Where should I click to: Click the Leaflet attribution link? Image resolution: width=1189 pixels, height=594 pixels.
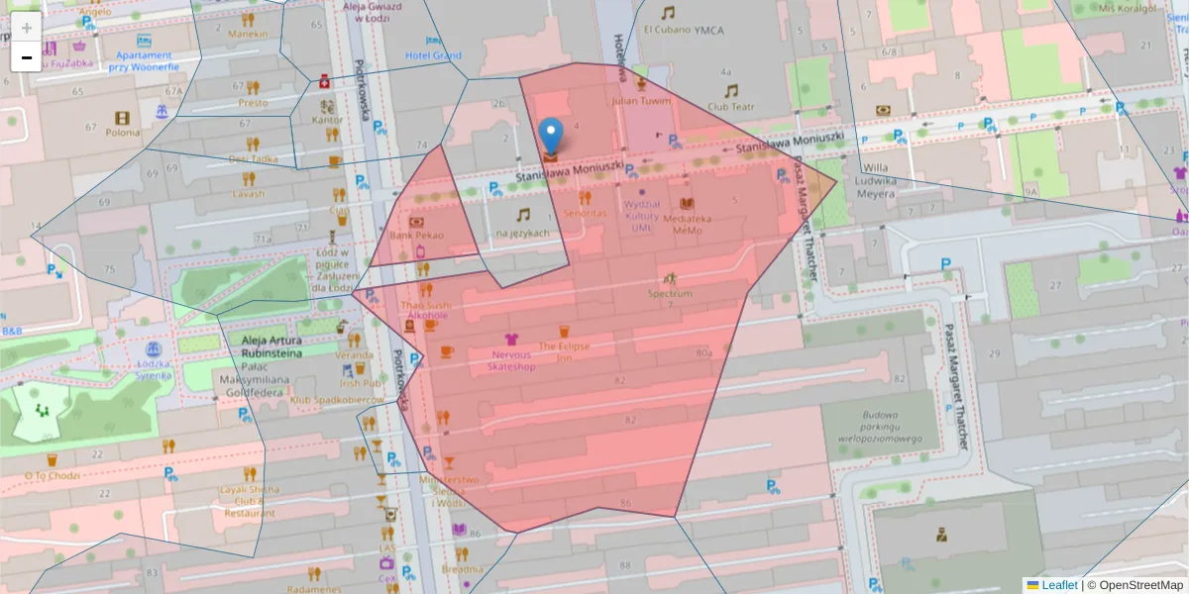click(x=1058, y=585)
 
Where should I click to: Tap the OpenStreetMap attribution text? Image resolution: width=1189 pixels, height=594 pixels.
click(x=1139, y=585)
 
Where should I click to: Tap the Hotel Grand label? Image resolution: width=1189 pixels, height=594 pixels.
click(x=433, y=55)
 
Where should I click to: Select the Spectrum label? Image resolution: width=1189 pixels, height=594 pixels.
click(x=670, y=293)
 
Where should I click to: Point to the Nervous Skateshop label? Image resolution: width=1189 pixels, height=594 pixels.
click(x=511, y=360)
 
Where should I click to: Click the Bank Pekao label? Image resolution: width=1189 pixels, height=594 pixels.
click(x=416, y=236)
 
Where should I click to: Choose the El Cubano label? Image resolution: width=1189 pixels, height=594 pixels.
click(x=667, y=30)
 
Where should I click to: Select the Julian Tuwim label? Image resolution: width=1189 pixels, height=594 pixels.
click(x=641, y=100)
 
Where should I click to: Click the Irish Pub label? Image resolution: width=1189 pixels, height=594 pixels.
click(x=361, y=383)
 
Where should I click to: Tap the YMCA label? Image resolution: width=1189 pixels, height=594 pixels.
click(x=708, y=30)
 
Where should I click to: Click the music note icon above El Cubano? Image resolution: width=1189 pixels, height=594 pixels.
click(x=668, y=12)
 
